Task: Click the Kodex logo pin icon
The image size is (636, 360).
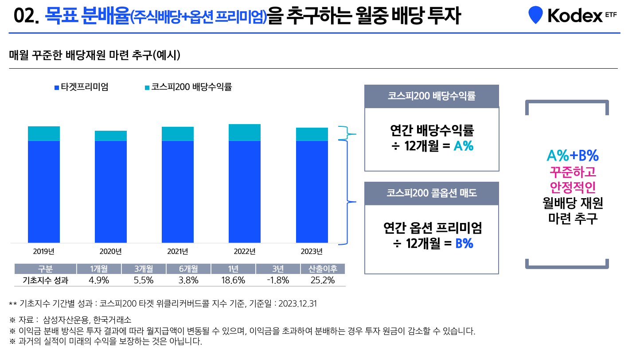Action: point(535,15)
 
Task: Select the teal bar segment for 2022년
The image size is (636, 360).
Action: point(245,133)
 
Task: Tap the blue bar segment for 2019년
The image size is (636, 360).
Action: point(44,192)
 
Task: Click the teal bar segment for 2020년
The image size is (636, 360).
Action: point(111,136)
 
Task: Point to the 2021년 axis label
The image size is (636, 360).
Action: point(178,252)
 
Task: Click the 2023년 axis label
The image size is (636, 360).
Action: point(312,252)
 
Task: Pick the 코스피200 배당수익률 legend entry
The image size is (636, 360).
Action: point(188,87)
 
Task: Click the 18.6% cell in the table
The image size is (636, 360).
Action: point(233,280)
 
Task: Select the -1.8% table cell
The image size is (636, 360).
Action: point(278,280)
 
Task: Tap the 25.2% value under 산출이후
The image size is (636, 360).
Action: point(323,280)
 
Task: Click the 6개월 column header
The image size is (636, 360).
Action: point(188,269)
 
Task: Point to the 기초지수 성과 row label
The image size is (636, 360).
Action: point(45,280)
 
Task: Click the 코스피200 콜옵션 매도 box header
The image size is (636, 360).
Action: point(431,193)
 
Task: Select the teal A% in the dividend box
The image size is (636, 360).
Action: point(464,146)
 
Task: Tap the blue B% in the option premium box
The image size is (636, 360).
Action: point(464,243)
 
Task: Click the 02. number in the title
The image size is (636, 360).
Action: point(27,17)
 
